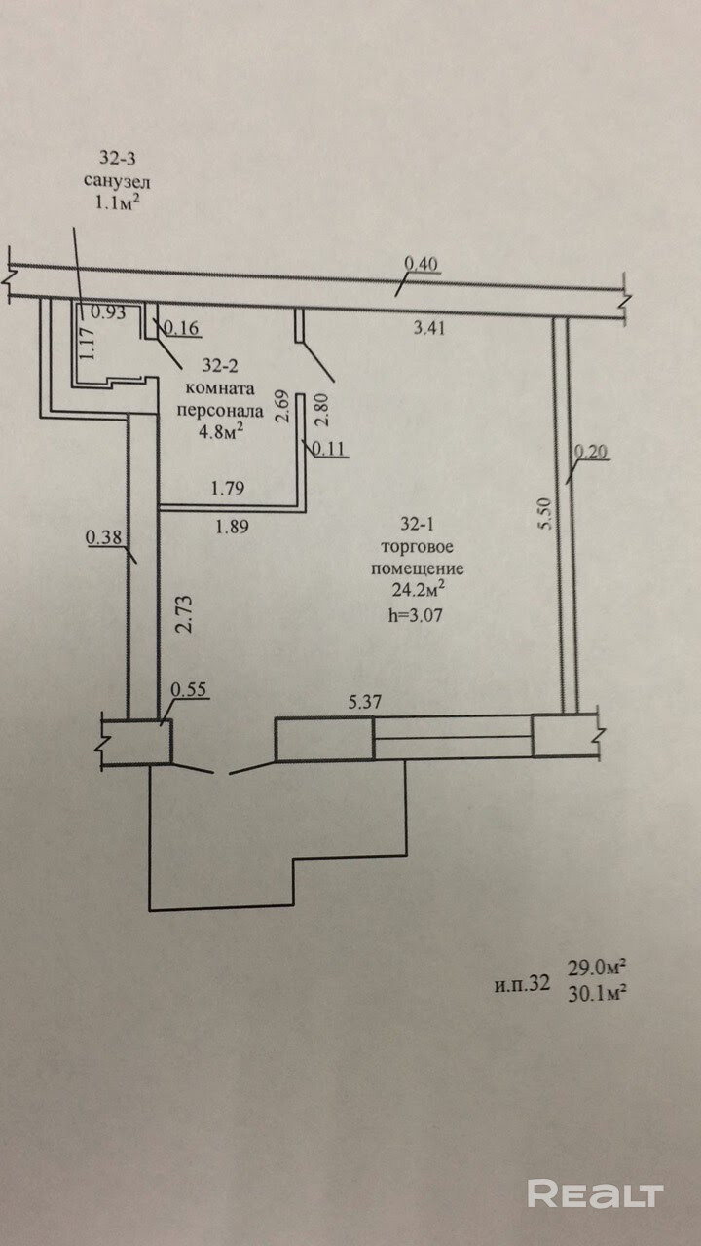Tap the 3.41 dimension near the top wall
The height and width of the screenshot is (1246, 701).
coord(429,328)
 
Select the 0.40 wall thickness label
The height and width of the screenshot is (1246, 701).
coord(422,262)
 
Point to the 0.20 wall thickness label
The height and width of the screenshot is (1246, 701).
coord(590,451)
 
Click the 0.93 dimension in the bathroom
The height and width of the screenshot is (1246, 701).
coord(108,312)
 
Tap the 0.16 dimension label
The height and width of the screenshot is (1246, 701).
coord(182,329)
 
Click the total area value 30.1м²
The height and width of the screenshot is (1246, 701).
coord(596,992)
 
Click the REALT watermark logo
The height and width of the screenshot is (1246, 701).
coord(595,1193)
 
